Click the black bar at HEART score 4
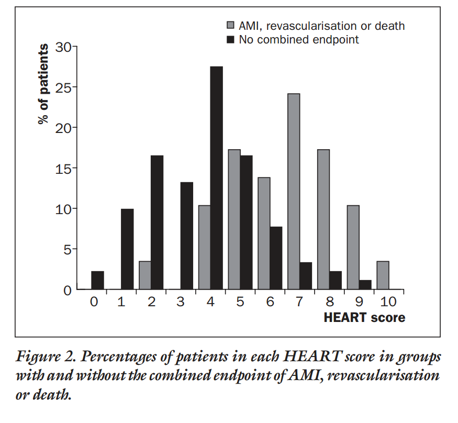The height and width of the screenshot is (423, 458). pos(216,178)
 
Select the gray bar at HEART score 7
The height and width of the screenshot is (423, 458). pos(293,192)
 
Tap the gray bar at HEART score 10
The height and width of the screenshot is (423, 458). pos(383,275)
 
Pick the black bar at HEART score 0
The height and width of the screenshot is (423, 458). pos(97,280)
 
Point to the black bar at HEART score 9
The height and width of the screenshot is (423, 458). pos(365,285)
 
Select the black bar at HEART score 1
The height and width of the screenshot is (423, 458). pos(127,249)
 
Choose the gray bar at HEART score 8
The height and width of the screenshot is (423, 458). pos(323,220)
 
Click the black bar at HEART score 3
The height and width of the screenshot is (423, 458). pos(187,236)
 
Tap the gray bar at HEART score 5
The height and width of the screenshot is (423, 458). pos(234,220)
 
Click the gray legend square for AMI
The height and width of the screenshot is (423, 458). pos(230,25)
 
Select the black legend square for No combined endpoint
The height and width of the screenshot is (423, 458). pos(230,39)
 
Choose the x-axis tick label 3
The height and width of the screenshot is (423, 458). pos(181,302)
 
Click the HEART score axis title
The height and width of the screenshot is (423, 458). pos(364,318)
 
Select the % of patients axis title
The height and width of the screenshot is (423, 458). pos(44,84)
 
